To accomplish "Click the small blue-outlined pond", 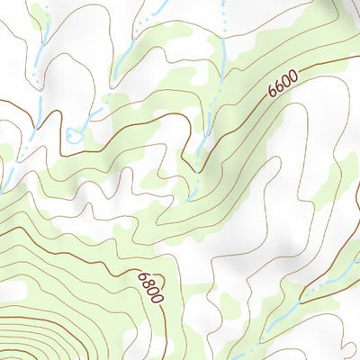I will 71,135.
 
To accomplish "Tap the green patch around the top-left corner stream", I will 38,18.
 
